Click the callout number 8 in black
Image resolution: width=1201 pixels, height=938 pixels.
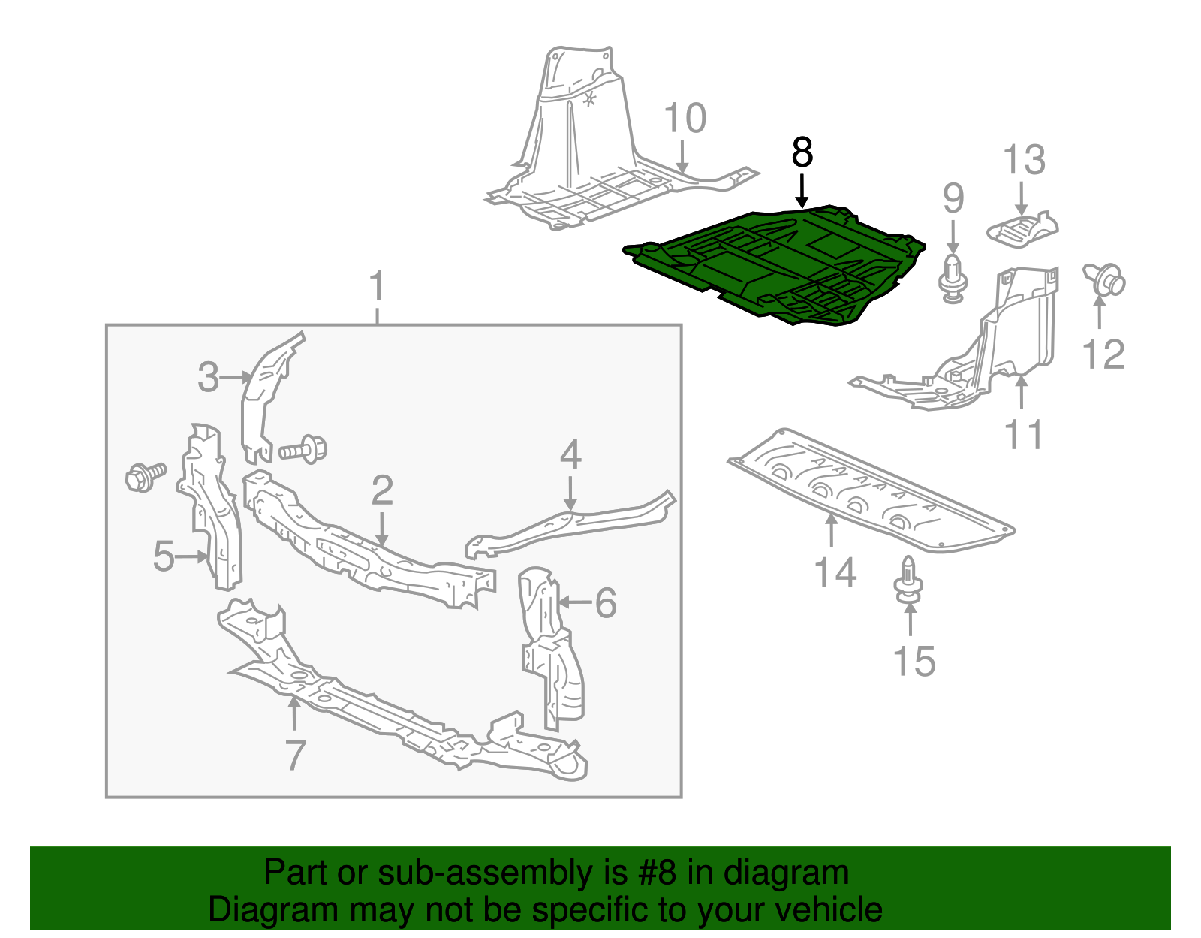tap(802, 153)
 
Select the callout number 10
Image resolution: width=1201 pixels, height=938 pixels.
tap(685, 119)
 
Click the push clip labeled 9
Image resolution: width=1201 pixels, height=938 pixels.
tap(953, 279)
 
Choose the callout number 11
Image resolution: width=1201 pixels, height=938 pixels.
tap(1023, 435)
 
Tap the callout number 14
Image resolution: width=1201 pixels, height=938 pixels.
tap(835, 573)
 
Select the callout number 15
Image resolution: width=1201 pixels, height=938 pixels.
tap(914, 662)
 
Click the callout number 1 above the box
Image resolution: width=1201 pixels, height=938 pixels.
tap(377, 288)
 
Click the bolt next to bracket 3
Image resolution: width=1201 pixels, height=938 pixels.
tap(303, 450)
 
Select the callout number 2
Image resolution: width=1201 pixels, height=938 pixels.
tap(382, 490)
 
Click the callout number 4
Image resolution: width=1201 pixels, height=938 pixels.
tap(570, 455)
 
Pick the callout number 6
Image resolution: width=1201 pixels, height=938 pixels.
tap(605, 603)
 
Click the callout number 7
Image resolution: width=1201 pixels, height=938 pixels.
tap(295, 755)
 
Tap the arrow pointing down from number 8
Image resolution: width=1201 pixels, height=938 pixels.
tap(802, 191)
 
